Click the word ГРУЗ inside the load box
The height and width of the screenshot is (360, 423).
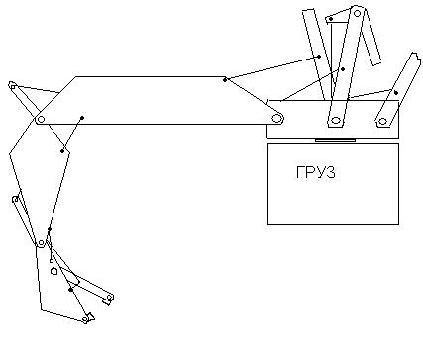pos(315,172)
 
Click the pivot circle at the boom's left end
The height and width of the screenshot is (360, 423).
pos(41,119)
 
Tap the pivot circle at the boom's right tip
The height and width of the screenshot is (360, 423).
pos(276,118)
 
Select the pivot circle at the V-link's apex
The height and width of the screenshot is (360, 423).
pos(357,14)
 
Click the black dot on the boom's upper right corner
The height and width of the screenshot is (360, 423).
pos(225,79)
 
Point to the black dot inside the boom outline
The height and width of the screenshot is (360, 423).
pos(82,118)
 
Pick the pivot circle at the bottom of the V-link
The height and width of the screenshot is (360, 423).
pos(336,120)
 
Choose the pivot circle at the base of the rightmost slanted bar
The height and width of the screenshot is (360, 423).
pos(382,121)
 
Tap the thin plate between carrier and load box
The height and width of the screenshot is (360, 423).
pos(335,140)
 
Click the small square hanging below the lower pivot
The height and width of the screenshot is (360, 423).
pos(52,261)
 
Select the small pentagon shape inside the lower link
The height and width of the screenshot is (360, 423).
pos(54,271)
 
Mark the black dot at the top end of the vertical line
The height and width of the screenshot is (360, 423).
pos(331,19)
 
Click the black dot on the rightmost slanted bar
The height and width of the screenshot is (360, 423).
pos(396,93)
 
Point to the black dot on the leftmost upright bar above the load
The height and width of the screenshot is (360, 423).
pos(319,57)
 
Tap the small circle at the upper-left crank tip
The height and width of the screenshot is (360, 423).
pos(13,87)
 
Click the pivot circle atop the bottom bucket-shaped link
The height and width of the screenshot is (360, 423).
pos(41,243)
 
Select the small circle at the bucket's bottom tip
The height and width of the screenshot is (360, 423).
pos(85,319)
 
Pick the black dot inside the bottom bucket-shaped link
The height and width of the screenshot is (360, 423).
pos(70,290)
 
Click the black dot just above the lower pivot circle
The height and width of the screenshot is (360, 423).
pos(50,229)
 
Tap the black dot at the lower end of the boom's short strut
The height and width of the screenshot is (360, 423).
pos(62,151)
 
